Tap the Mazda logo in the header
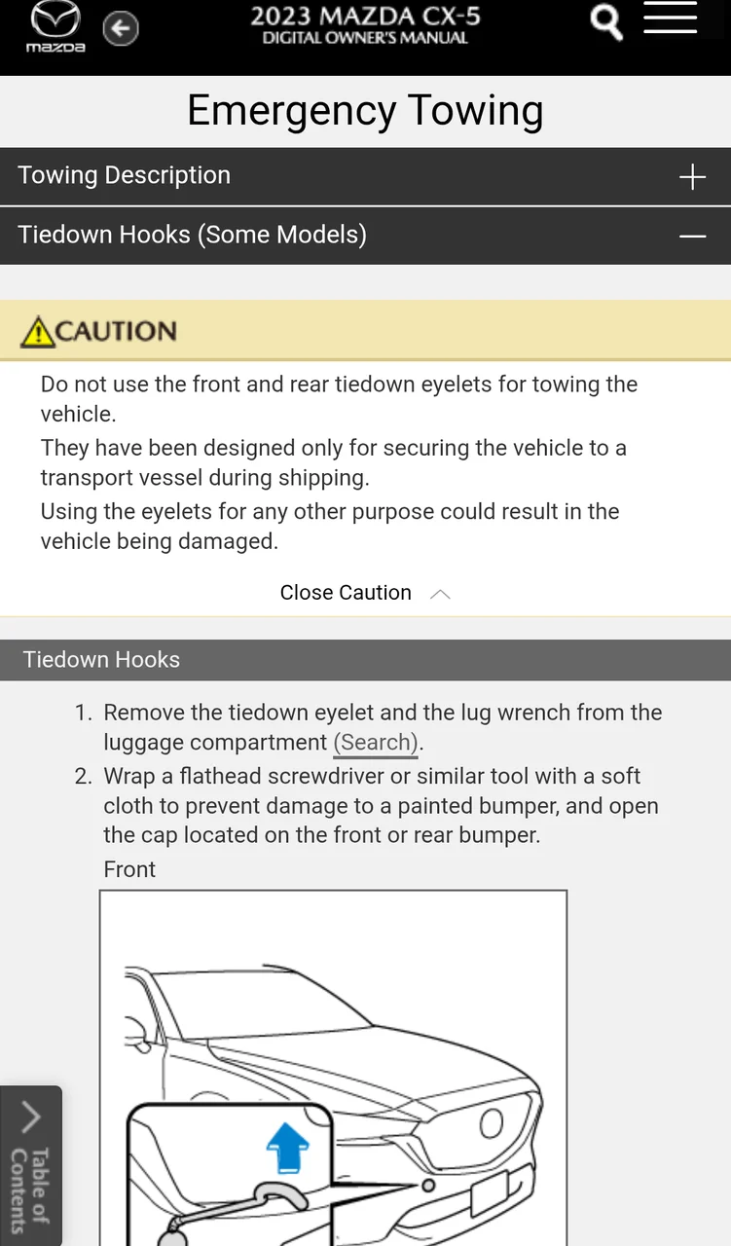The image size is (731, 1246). click(55, 27)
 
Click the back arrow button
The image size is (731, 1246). click(121, 28)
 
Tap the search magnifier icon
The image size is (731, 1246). click(606, 22)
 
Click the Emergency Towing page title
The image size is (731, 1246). click(365, 111)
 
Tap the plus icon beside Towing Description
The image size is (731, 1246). click(692, 177)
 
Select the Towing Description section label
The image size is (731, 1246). click(125, 176)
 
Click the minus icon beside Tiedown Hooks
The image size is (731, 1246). click(692, 237)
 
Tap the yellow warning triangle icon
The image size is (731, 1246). click(38, 332)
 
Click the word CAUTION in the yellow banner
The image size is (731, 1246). click(117, 332)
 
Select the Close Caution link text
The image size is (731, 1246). click(346, 593)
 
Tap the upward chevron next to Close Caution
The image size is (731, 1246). click(440, 594)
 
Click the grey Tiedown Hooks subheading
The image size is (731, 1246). click(101, 660)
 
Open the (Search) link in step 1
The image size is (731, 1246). click(376, 743)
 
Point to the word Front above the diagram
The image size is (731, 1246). click(129, 869)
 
